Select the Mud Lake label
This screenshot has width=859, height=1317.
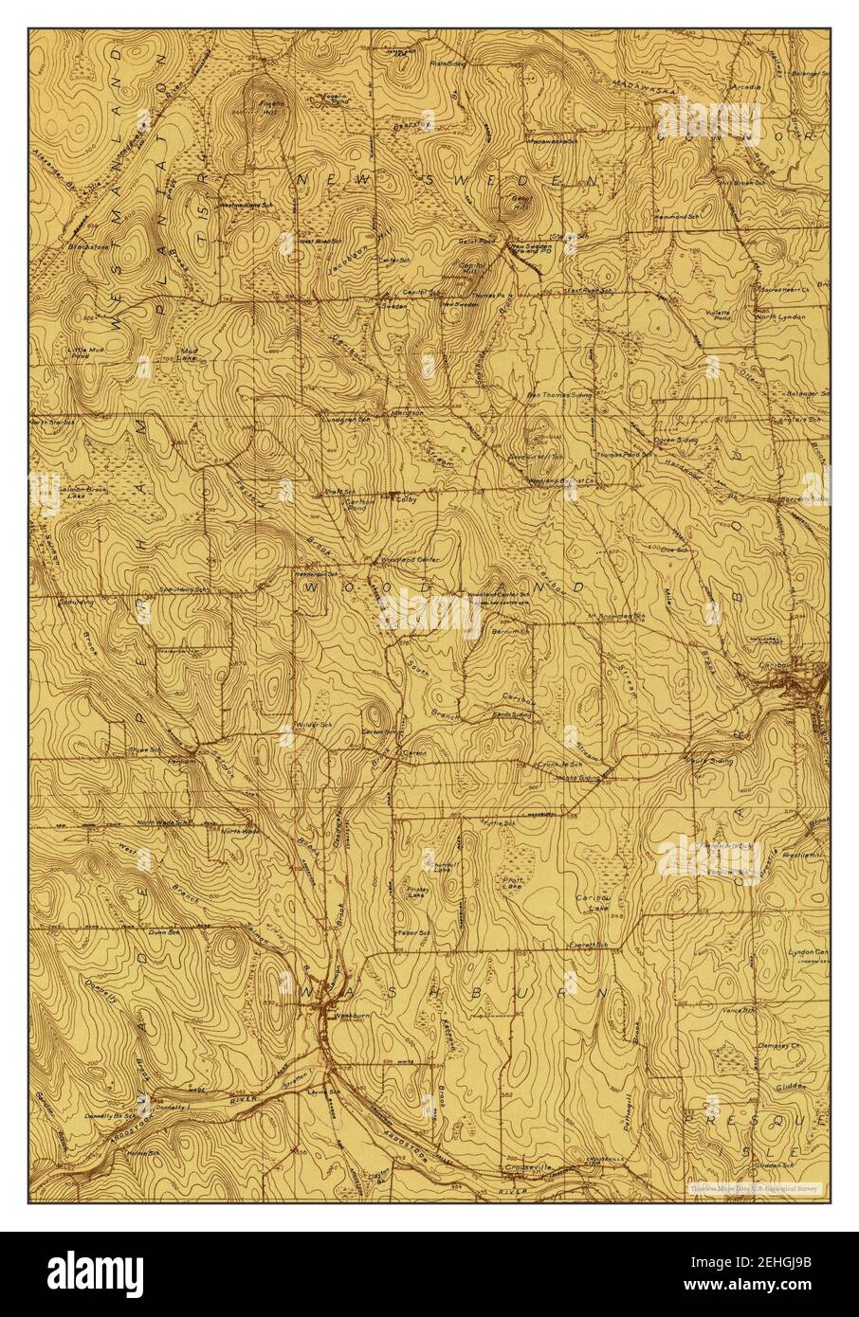coord(189,353)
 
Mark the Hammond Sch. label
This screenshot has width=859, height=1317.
coord(674,217)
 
